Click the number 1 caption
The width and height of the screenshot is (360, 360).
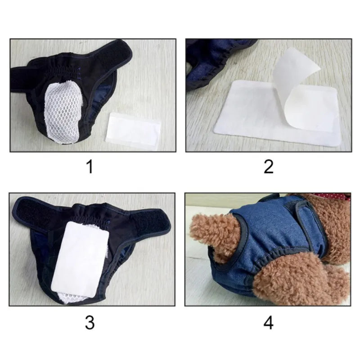tap(90, 167)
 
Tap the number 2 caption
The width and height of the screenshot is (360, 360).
tap(269, 167)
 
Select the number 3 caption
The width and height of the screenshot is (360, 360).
tap(90, 322)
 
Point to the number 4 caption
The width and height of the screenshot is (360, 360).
tap(269, 322)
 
